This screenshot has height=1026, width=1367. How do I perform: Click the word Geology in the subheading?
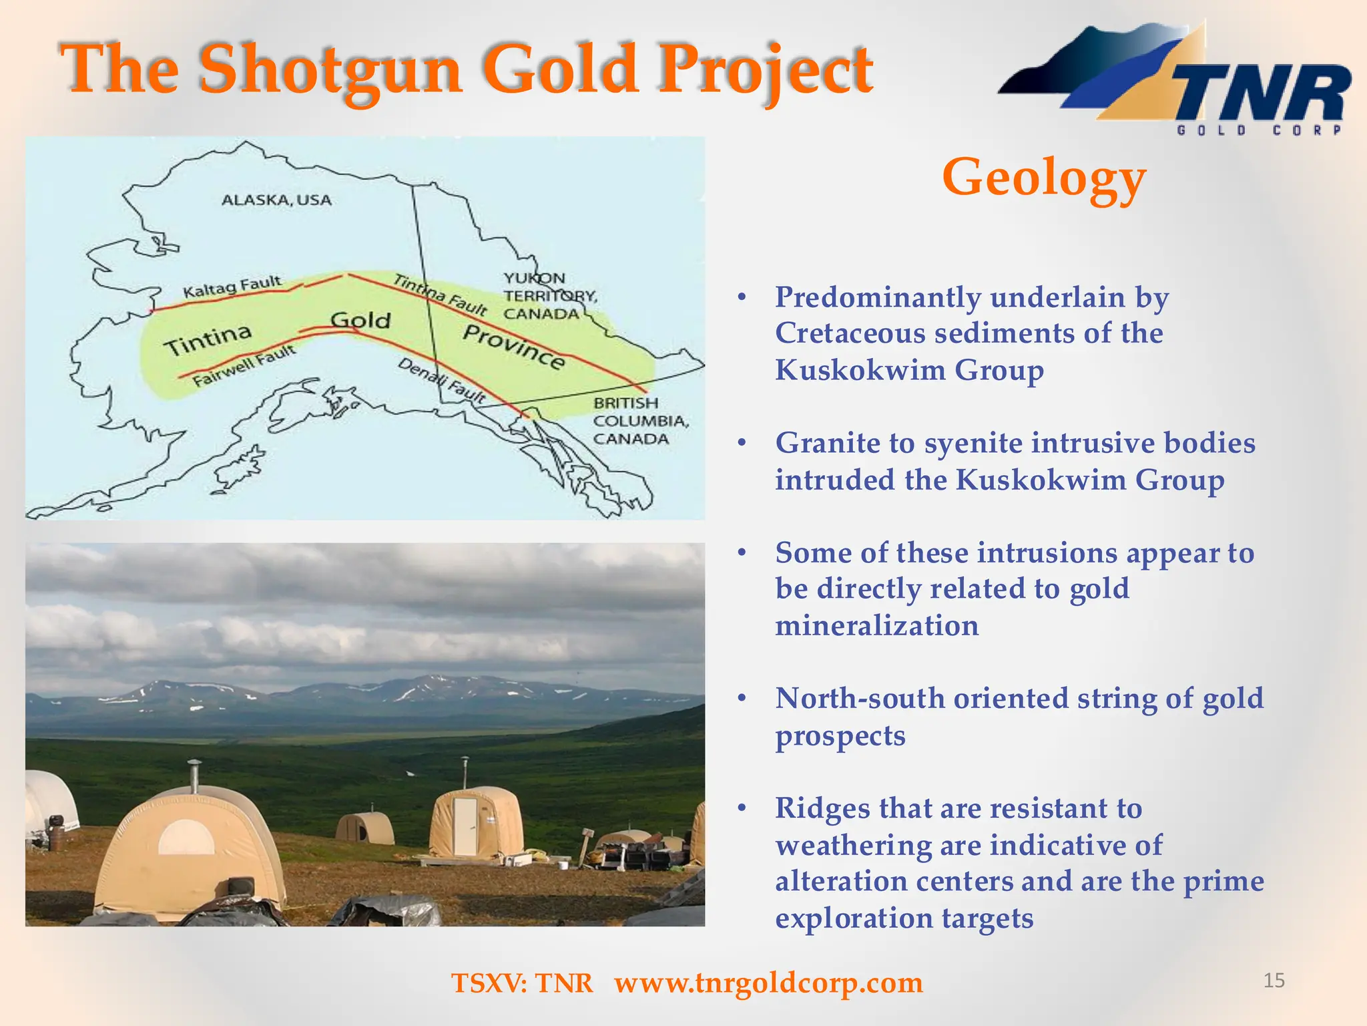coord(1043,178)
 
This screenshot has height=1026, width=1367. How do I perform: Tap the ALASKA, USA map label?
coord(276,200)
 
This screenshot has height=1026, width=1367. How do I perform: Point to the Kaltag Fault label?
coord(232,287)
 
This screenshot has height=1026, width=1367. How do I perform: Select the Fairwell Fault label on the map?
coord(244,366)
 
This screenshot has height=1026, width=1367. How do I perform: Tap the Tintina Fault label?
coord(440,295)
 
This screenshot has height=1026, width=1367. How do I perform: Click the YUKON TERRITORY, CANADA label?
coord(549,296)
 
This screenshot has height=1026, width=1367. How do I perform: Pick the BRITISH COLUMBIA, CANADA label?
coord(639,421)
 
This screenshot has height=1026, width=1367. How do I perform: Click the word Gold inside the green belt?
coord(360,320)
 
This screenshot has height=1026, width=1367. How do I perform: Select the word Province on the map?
coord(514,347)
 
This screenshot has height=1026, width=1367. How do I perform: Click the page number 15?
coord(1274,981)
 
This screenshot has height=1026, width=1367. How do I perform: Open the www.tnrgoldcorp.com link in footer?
coord(768,983)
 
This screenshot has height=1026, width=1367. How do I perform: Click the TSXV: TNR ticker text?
coord(522,983)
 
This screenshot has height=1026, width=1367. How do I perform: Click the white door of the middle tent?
coord(465,826)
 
